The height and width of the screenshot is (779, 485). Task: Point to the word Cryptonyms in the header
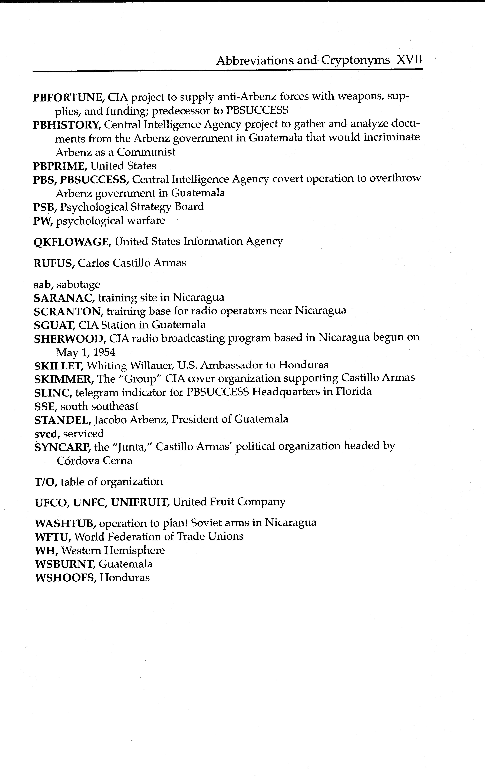(355, 60)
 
